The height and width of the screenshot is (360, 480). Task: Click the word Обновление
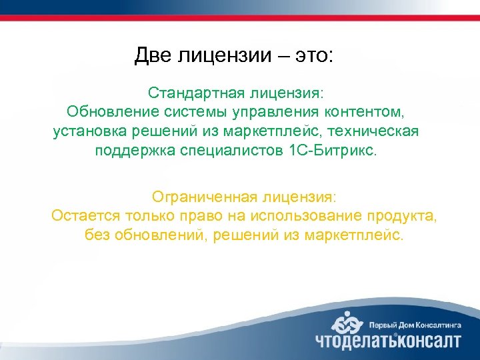click(x=110, y=111)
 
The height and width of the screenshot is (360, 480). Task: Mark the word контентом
click(x=367, y=111)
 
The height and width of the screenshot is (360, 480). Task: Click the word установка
click(x=86, y=131)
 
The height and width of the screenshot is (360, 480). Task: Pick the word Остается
click(x=83, y=216)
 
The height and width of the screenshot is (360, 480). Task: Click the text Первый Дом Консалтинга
click(x=414, y=324)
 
